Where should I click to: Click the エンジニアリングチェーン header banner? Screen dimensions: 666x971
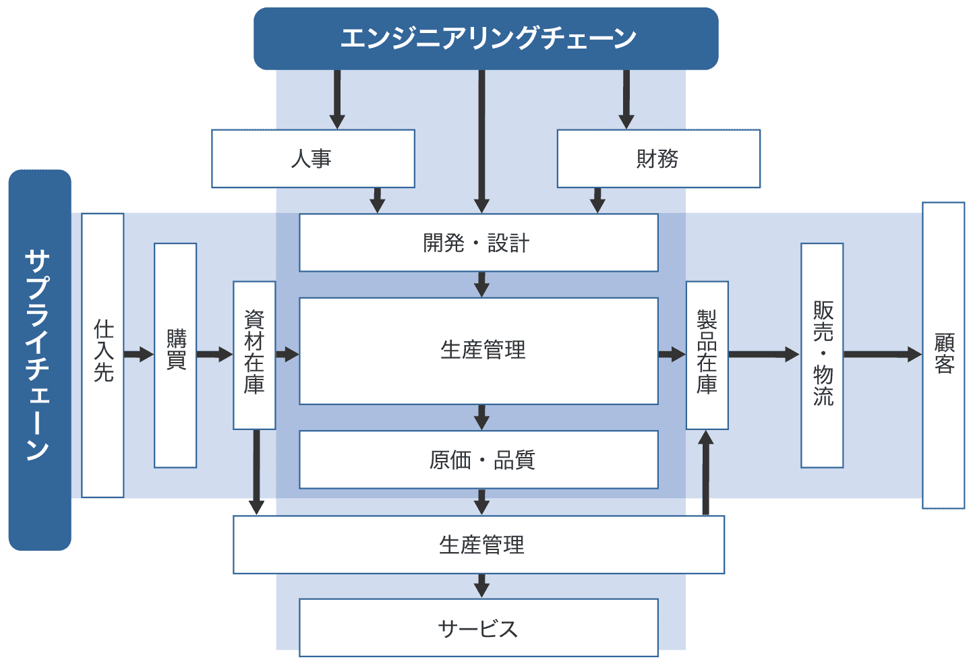(486, 38)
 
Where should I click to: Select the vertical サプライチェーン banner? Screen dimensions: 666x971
(39, 359)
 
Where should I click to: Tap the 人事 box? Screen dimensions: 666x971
(313, 159)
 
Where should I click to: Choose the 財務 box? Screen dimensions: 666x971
(658, 159)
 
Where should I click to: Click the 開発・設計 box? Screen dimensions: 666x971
(478, 243)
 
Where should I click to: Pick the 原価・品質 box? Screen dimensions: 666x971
(478, 460)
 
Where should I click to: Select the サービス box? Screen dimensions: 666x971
(478, 628)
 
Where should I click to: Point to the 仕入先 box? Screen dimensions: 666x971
(102, 355)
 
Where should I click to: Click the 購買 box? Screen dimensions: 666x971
(175, 355)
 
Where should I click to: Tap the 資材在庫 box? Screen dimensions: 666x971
(254, 355)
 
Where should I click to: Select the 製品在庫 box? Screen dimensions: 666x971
(707, 355)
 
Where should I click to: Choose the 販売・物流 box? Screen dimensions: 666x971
(822, 355)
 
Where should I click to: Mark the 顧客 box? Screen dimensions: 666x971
(943, 355)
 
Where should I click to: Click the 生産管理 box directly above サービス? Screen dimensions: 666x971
(478, 545)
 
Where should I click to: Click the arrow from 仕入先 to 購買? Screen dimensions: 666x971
(139, 355)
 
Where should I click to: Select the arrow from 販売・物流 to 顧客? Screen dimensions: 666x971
(882, 355)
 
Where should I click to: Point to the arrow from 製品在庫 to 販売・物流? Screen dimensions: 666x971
(764, 355)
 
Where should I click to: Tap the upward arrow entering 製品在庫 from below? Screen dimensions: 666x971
(706, 473)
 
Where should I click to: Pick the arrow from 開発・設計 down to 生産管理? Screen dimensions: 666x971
(481, 284)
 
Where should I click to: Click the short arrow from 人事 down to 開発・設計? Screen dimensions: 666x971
(378, 200)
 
